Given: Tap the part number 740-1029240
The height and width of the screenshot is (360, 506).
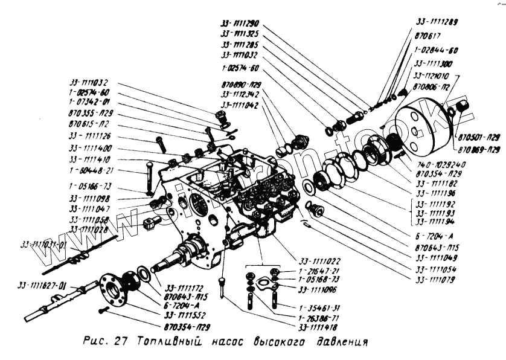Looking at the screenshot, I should click(x=444, y=164).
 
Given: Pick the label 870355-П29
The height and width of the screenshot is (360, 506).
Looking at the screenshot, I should click(x=91, y=113).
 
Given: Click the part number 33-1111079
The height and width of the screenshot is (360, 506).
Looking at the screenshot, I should click(x=438, y=279).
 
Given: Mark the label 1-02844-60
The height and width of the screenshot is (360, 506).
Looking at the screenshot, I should click(x=438, y=50).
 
